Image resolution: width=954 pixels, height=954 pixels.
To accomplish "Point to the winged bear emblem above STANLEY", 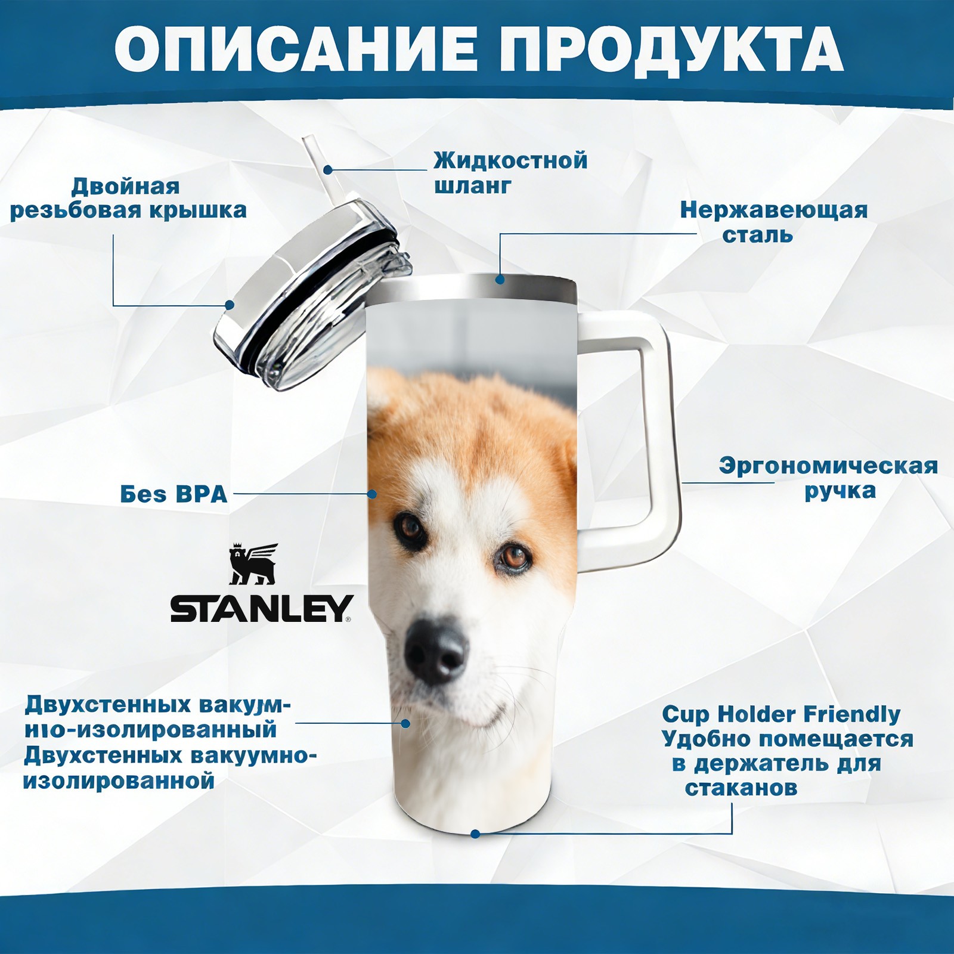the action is pyautogui.click(x=253, y=563).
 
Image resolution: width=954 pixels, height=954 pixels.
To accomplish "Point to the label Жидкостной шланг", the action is pyautogui.click(x=510, y=173).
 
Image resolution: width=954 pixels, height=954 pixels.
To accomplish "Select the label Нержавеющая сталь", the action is pyautogui.click(x=773, y=222).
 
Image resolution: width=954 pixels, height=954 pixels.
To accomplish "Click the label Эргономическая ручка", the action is pyautogui.click(x=828, y=478).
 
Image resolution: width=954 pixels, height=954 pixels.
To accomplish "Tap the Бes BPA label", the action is pyautogui.click(x=174, y=494).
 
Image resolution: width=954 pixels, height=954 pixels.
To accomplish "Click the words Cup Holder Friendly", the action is pyautogui.click(x=781, y=714).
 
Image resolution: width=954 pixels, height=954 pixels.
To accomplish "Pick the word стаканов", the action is pyautogui.click(x=741, y=788).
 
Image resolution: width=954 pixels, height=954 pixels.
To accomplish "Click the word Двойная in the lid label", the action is pyautogui.click(x=125, y=187).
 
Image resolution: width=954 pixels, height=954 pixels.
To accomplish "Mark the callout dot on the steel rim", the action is pyautogui.click(x=500, y=279).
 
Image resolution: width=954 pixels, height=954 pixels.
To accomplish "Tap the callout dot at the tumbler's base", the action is pyautogui.click(x=475, y=834).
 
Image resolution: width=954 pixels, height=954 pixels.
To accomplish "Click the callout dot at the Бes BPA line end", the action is pyautogui.click(x=372, y=494).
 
